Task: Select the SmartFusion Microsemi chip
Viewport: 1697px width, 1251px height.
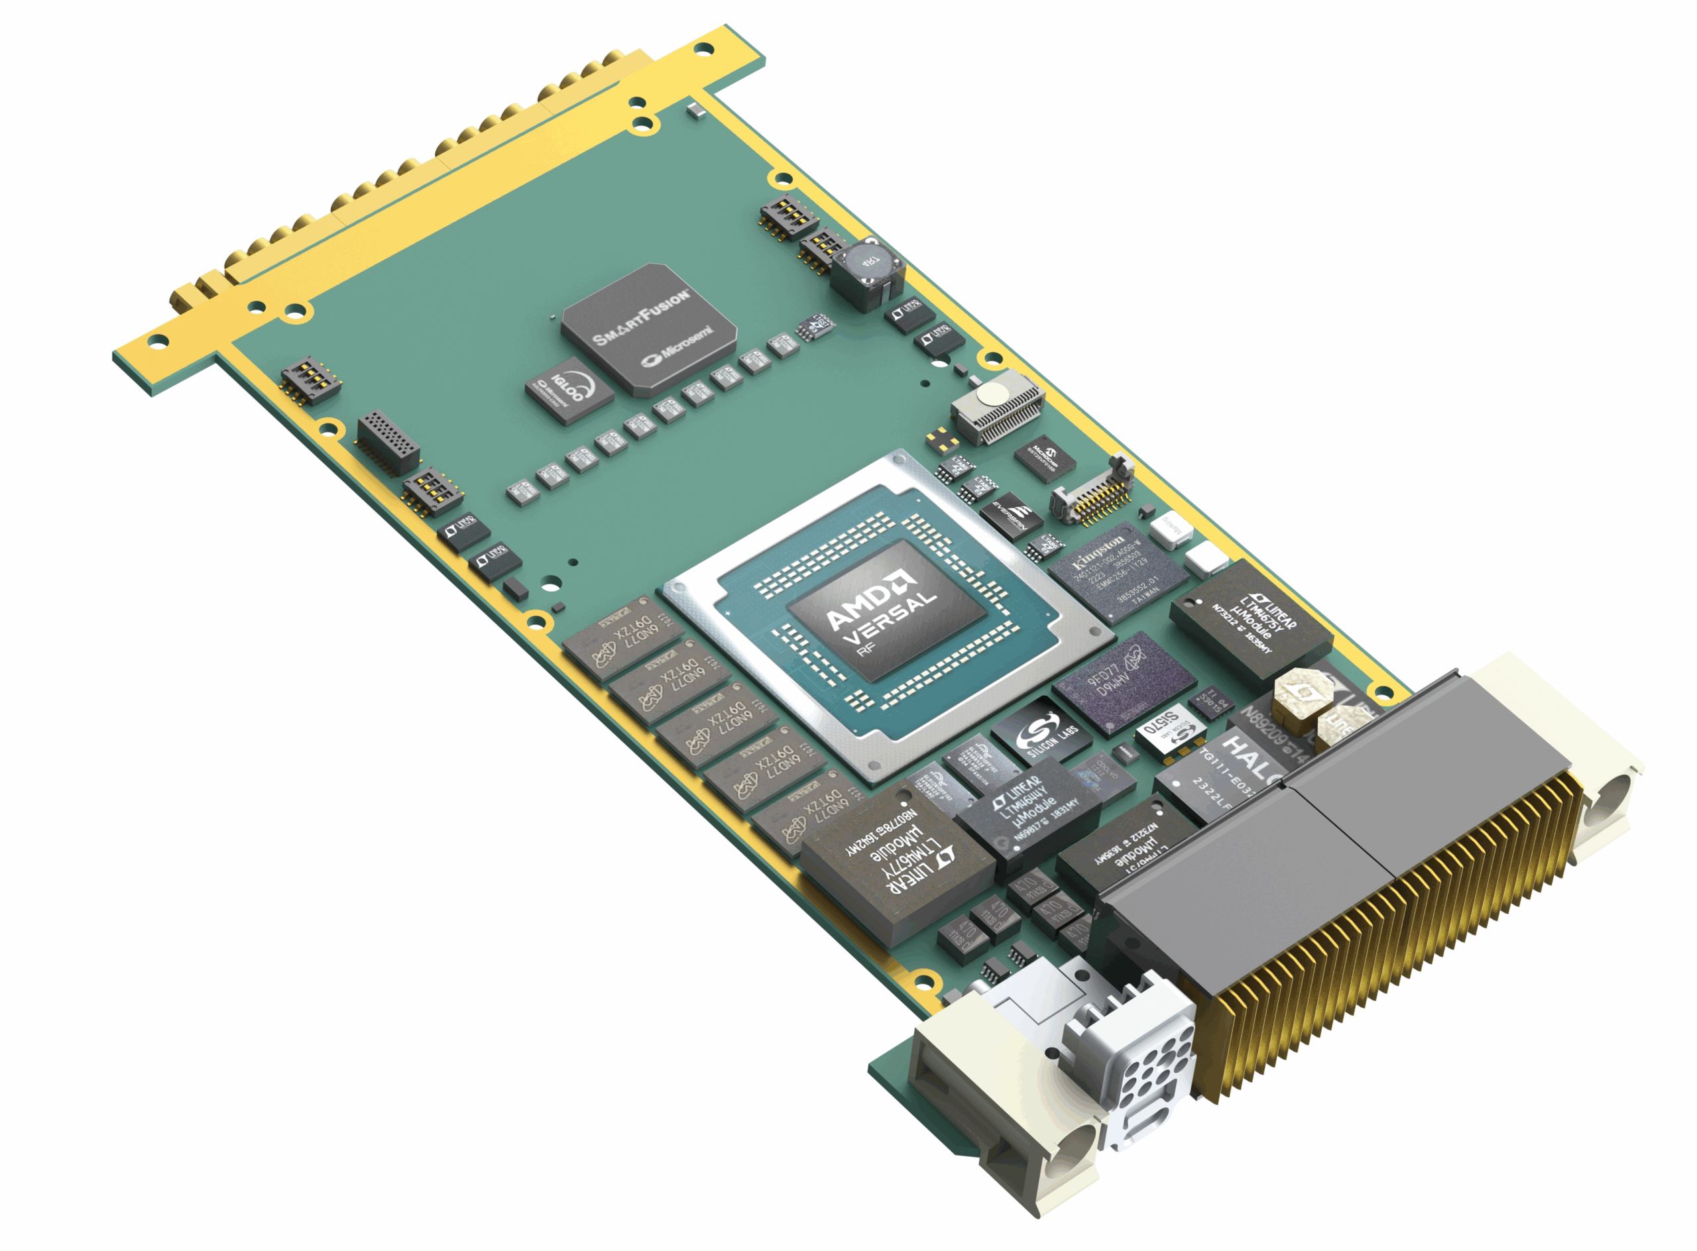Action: click(x=648, y=329)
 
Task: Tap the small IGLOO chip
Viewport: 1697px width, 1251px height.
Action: click(x=569, y=392)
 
